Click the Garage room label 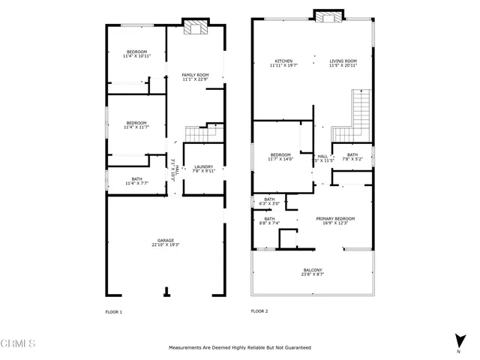tap(166, 241)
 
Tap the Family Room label tap(195, 75)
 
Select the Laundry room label tap(204, 166)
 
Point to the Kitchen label tap(283, 61)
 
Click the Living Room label tap(343, 61)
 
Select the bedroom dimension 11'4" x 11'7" tap(136, 127)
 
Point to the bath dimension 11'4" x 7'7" tap(136, 183)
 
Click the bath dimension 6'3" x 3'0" tap(269, 203)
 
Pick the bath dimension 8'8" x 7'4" tap(269, 223)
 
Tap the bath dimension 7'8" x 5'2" tap(352, 159)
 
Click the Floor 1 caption tap(113, 311)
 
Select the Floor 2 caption tap(259, 311)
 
